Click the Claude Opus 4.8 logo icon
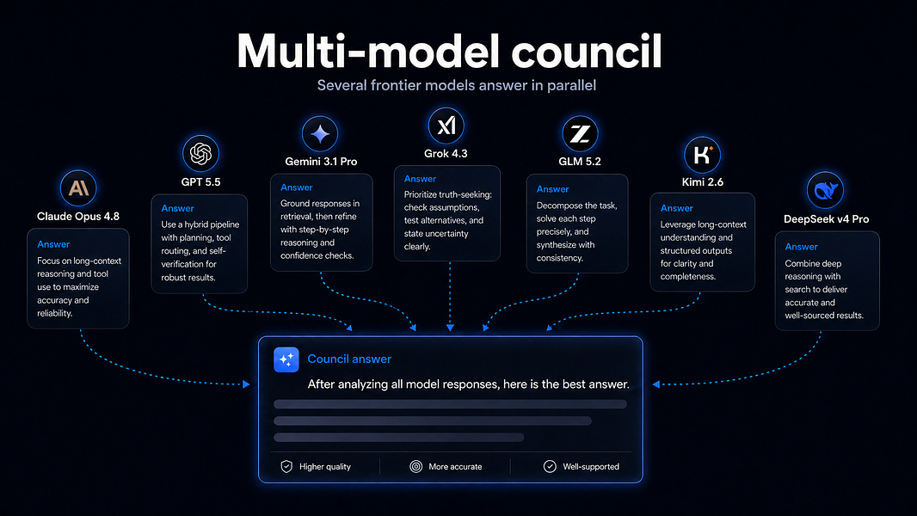point(78,188)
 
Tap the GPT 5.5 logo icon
point(200,154)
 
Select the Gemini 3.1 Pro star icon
point(320,134)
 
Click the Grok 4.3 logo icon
point(446,126)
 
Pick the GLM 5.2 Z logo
point(580,134)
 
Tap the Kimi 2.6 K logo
point(702,155)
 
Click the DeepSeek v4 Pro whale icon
point(825,190)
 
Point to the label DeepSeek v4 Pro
point(827,219)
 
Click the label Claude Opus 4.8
point(78,216)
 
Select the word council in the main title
point(587,52)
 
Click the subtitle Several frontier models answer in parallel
point(457,85)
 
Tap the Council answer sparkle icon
point(286,360)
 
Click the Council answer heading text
point(349,359)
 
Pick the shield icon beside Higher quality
point(286,466)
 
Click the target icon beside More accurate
point(415,466)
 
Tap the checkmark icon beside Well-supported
point(550,466)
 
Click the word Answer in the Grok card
point(420,179)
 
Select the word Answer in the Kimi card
point(677,208)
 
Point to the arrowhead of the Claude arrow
point(246,384)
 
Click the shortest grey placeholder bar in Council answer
point(399,437)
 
